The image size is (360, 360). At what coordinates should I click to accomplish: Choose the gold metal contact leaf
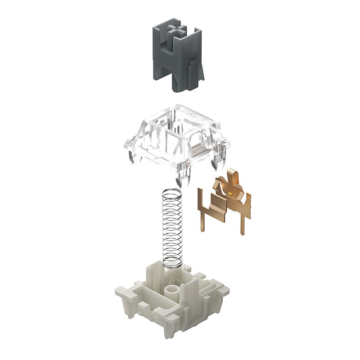[225, 198]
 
